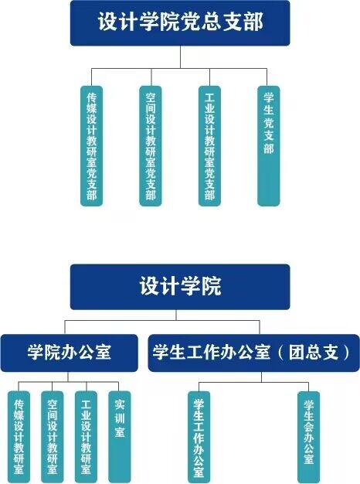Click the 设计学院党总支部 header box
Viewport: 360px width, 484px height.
[180, 23]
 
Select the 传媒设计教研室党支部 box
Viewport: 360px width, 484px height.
[92, 146]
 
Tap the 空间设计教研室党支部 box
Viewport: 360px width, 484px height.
[151, 146]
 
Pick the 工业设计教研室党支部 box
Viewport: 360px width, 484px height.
[209, 146]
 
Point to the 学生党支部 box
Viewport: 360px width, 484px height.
[269, 146]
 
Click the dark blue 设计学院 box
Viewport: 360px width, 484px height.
[180, 287]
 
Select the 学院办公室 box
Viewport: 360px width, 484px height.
[69, 353]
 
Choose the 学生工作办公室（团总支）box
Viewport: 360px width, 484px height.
[254, 353]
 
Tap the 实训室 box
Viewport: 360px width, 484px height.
[120, 437]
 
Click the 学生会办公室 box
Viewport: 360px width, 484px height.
[309, 437]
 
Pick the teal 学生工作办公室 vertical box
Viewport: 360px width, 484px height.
[199, 437]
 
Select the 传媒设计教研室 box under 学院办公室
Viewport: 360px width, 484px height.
[19, 437]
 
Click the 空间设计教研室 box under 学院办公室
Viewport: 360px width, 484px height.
[53, 437]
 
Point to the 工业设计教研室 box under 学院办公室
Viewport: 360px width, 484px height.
[86, 437]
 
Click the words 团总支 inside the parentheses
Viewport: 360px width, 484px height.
[314, 353]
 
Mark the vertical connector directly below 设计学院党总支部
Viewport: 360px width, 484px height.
[181, 57]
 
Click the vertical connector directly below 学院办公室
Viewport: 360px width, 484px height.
[68, 377]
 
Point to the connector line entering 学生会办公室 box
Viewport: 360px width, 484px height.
[309, 387]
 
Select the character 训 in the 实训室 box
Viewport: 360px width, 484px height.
[120, 418]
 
